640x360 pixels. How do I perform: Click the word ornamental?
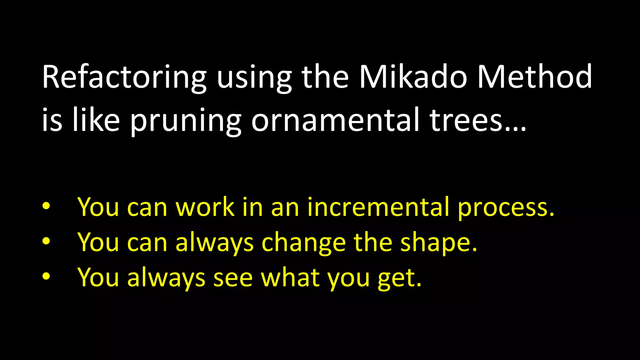335,120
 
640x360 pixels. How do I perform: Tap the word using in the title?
254,78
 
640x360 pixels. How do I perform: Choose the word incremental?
378,207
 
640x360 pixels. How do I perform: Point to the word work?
205,207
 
